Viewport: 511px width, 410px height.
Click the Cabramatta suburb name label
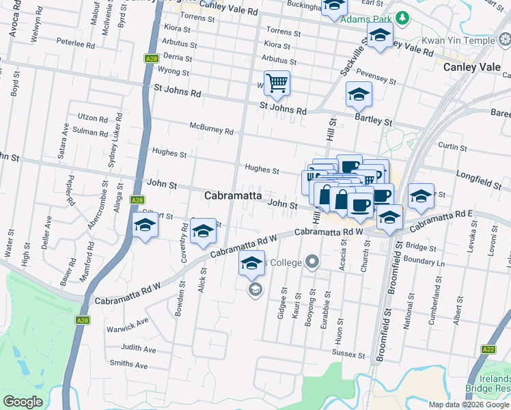point(233,195)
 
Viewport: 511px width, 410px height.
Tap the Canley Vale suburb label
point(471,67)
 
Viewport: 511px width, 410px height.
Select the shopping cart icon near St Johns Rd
point(277,84)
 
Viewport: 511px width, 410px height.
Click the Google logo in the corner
point(23,402)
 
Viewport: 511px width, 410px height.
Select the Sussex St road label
point(349,354)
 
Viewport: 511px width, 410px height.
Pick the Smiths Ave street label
point(128,365)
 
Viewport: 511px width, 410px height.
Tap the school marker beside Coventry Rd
point(202,232)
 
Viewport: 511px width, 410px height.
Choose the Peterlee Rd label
point(75,44)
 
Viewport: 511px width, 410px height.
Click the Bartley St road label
point(373,121)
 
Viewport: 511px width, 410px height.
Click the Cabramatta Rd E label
point(444,219)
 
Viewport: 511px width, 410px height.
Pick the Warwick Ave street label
point(128,325)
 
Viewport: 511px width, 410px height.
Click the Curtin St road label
point(452,147)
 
